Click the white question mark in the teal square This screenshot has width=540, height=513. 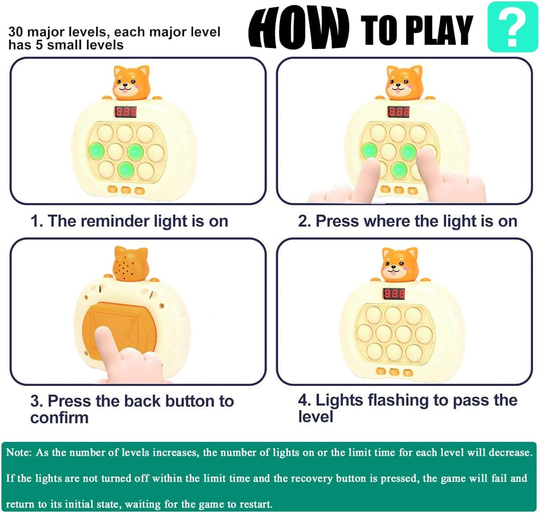click(513, 27)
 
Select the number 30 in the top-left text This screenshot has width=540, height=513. click(16, 32)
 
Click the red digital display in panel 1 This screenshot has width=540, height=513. click(126, 112)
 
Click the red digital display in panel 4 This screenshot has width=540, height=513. click(394, 294)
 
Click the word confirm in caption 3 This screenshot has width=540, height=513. click(59, 418)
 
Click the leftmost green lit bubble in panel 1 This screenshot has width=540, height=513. click(96, 151)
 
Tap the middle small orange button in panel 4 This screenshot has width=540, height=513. click(394, 372)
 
